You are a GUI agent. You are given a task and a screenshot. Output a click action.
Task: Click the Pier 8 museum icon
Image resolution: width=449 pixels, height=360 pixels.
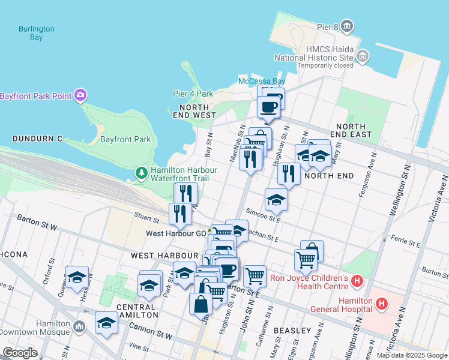(x=347, y=26)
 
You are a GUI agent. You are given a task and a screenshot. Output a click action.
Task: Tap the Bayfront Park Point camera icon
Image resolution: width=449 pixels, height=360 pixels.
(x=80, y=95)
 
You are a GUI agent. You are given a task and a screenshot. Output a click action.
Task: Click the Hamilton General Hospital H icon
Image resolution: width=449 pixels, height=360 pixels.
(x=382, y=305)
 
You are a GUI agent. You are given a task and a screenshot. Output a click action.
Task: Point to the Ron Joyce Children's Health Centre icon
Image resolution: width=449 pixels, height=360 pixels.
(x=358, y=280)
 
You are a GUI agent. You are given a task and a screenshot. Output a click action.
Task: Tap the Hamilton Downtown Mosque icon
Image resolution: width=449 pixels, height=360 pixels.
(x=80, y=326)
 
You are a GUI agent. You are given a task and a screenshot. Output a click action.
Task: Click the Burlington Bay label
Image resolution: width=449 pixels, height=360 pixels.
(x=36, y=33)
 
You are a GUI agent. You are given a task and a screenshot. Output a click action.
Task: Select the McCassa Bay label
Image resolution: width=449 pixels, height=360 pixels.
(x=261, y=81)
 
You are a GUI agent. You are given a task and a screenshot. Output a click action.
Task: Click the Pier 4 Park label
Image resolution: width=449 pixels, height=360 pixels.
(x=193, y=94)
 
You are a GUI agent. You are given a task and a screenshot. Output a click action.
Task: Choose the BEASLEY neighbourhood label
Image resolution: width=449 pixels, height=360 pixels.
(x=292, y=331)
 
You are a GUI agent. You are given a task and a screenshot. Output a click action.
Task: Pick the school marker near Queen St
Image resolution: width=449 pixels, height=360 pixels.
(x=77, y=277)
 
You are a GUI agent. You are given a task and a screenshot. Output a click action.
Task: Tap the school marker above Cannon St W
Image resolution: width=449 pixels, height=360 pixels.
(x=106, y=322)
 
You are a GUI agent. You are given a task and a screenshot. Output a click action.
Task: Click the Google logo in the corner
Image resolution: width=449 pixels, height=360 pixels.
(x=20, y=353)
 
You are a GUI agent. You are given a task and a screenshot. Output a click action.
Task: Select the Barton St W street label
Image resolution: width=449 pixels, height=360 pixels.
(x=37, y=223)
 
